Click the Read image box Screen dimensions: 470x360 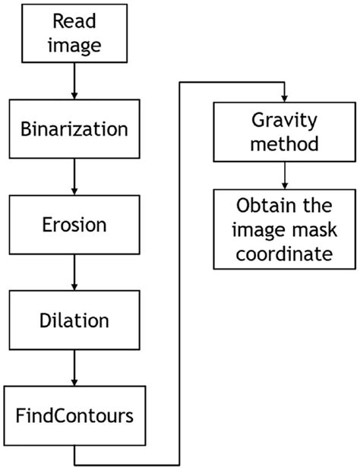[74, 34]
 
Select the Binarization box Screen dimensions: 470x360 [74, 129]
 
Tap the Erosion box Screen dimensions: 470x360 [74, 225]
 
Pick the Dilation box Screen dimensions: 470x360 [74, 320]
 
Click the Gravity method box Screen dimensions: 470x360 [283, 131]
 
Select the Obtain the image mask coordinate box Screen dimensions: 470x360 [283, 229]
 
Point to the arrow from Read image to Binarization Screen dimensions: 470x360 [74, 81]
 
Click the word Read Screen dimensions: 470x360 [74, 23]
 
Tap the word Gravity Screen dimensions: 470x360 [283, 120]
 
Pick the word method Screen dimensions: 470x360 [283, 143]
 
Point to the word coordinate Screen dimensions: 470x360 [283, 253]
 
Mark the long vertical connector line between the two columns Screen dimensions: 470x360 [179, 273]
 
